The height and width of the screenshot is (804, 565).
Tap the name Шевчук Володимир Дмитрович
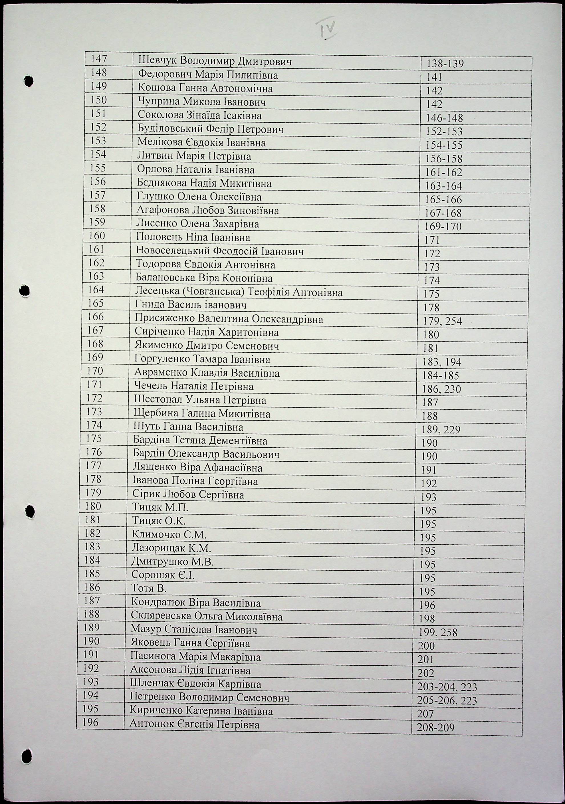[215, 62]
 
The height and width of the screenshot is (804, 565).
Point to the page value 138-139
[445, 64]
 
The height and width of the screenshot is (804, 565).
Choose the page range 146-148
[444, 118]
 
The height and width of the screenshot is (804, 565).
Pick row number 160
[97, 236]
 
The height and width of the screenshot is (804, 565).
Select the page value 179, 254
[442, 321]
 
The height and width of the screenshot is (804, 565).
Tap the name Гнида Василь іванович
[191, 305]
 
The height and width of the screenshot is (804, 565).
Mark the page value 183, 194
[442, 362]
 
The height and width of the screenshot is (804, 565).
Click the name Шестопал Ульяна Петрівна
[200, 400]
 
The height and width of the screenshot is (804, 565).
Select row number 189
[92, 627]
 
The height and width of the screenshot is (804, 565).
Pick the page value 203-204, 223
[447, 687]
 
